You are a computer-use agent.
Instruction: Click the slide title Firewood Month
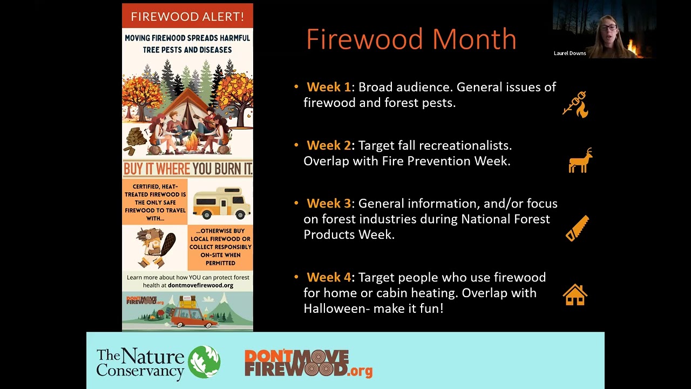pyautogui.click(x=411, y=39)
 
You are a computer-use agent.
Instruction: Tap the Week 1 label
pyautogui.click(x=328, y=87)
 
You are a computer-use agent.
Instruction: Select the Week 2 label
pyautogui.click(x=328, y=145)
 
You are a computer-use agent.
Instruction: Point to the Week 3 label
pyautogui.click(x=328, y=204)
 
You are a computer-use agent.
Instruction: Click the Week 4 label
pyautogui.click(x=328, y=277)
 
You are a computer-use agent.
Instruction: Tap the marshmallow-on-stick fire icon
pyautogui.click(x=575, y=104)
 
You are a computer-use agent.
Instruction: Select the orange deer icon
pyautogui.click(x=580, y=161)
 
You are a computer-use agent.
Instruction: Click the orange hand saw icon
pyautogui.click(x=577, y=229)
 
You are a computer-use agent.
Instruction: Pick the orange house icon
pyautogui.click(x=575, y=295)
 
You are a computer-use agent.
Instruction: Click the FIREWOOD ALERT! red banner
pyautogui.click(x=187, y=16)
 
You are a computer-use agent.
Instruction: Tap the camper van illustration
pyautogui.click(x=221, y=203)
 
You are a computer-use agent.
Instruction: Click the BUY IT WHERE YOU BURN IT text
pyautogui.click(x=187, y=169)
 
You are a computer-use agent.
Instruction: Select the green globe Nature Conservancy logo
pyautogui.click(x=204, y=362)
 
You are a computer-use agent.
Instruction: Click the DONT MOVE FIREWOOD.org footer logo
pyautogui.click(x=308, y=363)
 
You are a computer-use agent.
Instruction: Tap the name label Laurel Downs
pyautogui.click(x=570, y=53)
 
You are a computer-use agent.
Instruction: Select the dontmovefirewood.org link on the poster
pyautogui.click(x=200, y=285)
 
